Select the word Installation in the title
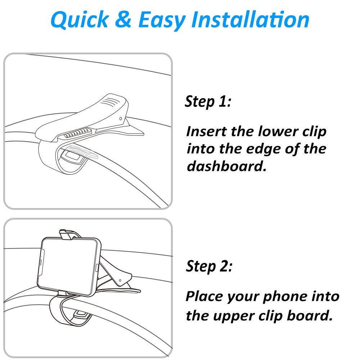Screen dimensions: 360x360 [251, 19]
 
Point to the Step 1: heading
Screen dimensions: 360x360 [207, 102]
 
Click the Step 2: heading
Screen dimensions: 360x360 [209, 266]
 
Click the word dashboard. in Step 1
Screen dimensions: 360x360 [226, 167]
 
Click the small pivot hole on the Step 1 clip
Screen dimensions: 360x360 [120, 118]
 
